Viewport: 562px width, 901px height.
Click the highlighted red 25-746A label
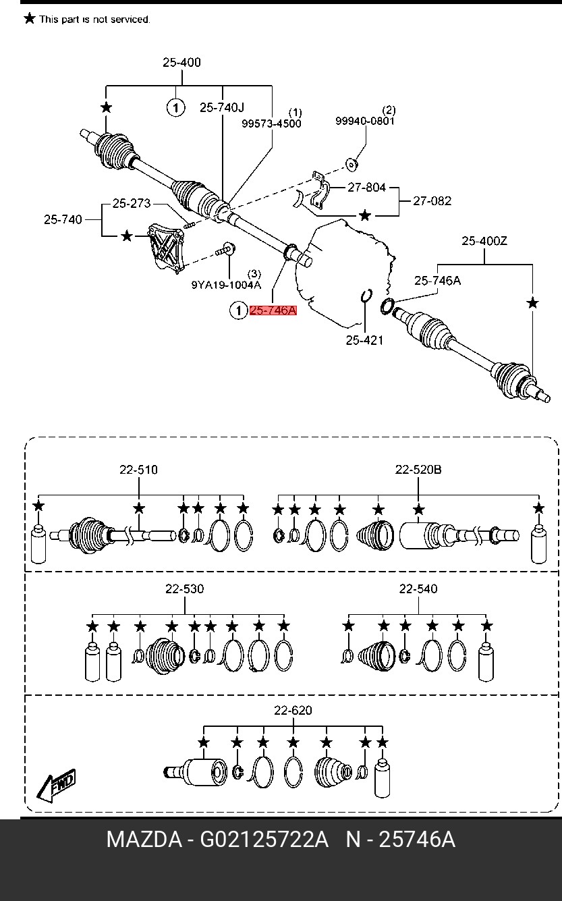tap(273, 310)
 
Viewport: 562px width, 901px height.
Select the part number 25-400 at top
tap(181, 63)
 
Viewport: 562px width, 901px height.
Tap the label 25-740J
tap(222, 107)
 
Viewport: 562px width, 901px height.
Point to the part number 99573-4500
tap(272, 124)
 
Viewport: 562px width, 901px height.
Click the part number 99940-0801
tap(365, 121)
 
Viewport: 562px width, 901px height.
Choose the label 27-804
tap(366, 188)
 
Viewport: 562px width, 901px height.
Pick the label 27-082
tap(432, 200)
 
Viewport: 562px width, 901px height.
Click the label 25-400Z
tap(484, 240)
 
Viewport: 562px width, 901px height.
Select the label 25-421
tap(364, 340)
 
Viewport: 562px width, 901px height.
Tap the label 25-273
tap(132, 203)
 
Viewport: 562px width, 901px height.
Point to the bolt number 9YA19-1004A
tap(225, 285)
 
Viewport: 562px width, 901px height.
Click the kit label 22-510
tap(139, 470)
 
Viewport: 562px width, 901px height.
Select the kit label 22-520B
tap(418, 470)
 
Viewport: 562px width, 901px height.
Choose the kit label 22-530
tap(184, 589)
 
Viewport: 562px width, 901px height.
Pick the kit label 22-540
tap(418, 589)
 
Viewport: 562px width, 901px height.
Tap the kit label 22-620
tap(293, 711)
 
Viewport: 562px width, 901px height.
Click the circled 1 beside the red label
tap(239, 310)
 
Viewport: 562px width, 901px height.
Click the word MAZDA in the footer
tap(144, 840)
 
